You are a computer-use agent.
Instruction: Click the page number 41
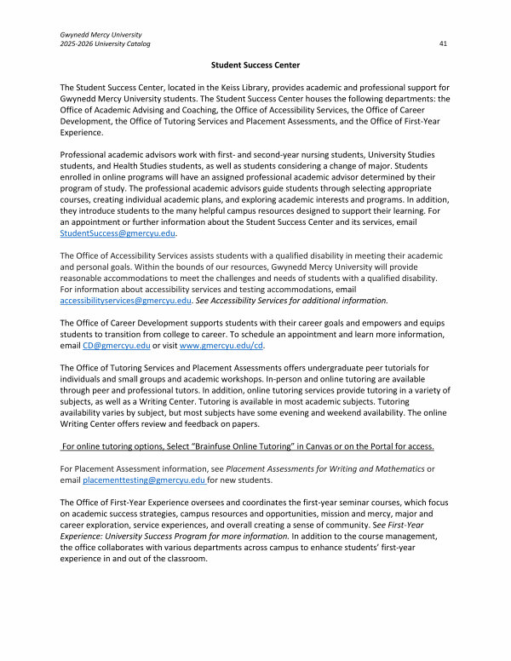pyautogui.click(x=444, y=43)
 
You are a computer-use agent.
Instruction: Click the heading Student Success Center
pyautogui.click(x=255, y=65)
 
